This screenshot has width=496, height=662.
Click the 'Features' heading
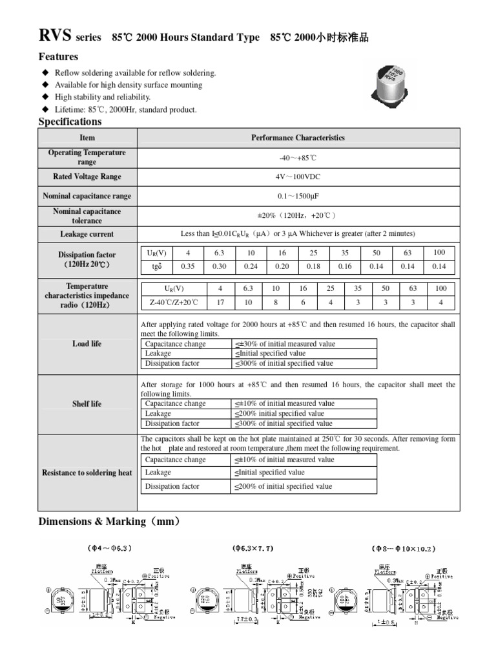coord(58,57)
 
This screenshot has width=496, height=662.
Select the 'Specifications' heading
coord(70,122)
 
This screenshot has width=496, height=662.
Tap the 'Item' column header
coord(87,138)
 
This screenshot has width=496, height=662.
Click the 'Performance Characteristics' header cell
coord(298,138)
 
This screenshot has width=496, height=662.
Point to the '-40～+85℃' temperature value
coord(298,158)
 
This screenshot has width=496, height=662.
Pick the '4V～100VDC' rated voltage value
coord(298,176)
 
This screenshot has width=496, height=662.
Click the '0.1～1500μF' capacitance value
coord(298,196)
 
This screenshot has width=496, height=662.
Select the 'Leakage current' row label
coord(87,234)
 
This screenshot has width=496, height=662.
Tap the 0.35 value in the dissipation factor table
coord(188,266)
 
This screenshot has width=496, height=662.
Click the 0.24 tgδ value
coord(251,266)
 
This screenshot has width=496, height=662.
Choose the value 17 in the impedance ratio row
coord(221,302)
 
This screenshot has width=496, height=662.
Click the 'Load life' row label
coord(87,344)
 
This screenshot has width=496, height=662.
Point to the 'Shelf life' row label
coord(87,404)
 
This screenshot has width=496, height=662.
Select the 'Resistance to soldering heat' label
coord(87,473)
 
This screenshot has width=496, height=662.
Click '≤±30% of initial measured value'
coord(284,344)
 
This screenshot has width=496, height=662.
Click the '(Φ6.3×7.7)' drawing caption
coord(253,549)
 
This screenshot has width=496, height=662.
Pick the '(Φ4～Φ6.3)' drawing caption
coord(110,549)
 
